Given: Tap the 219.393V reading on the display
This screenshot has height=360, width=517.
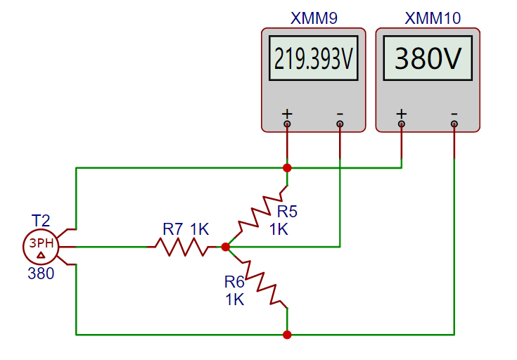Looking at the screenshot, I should click(313, 60).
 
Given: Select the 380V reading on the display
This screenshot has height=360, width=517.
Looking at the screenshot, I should click(428, 60).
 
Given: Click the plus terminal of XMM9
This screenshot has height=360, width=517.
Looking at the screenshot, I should click(287, 124).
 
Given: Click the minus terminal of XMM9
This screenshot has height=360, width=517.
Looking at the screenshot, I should click(340, 124).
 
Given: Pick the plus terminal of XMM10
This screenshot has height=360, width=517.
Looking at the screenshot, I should click(402, 124).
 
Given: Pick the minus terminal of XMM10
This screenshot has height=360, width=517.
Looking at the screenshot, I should click(454, 124).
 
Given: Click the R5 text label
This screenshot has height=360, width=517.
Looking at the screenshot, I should click(287, 211).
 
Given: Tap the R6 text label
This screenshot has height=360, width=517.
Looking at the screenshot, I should click(234, 282).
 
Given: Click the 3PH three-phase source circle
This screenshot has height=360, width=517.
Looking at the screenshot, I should click(41, 247).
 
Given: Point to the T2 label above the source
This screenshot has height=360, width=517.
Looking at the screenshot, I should click(41, 220).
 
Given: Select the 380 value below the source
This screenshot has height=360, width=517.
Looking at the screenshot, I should click(41, 274).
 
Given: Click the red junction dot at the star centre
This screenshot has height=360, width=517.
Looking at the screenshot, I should click(225, 247).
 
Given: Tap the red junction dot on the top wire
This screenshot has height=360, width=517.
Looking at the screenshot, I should click(287, 168).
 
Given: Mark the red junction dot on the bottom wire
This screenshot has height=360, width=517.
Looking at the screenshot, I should click(287, 335).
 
